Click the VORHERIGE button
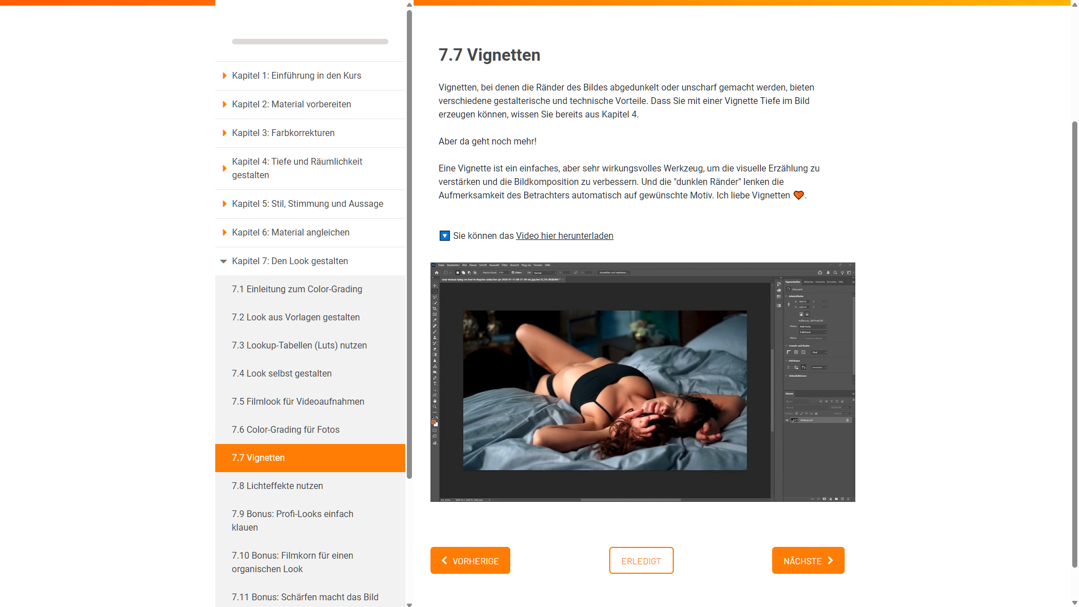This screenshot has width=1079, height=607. point(470,560)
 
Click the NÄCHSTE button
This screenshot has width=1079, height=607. point(808,560)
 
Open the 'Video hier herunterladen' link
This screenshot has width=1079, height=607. point(564,236)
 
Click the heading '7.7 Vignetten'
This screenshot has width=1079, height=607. point(489,55)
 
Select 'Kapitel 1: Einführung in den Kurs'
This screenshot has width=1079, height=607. point(296,76)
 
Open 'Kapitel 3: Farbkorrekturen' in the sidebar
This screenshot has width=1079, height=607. point(283,133)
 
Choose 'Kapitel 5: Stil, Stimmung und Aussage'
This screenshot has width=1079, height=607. point(307,204)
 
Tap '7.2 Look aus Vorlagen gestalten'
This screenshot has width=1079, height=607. point(295,318)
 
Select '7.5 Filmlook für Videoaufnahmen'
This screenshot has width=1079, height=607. point(297,402)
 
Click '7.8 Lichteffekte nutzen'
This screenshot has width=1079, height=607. point(277,486)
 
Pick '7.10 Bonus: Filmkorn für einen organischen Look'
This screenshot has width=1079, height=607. point(292,562)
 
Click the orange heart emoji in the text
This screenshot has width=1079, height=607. point(798,196)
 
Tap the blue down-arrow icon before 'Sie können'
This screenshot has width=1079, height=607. point(444,236)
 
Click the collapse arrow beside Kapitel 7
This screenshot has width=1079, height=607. point(224,261)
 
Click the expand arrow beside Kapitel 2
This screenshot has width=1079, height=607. point(224,105)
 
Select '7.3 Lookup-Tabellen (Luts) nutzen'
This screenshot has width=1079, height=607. point(299,346)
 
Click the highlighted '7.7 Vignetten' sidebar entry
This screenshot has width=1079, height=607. point(310,458)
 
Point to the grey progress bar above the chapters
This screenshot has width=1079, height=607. point(310,42)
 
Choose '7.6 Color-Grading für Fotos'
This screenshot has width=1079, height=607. point(285,430)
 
